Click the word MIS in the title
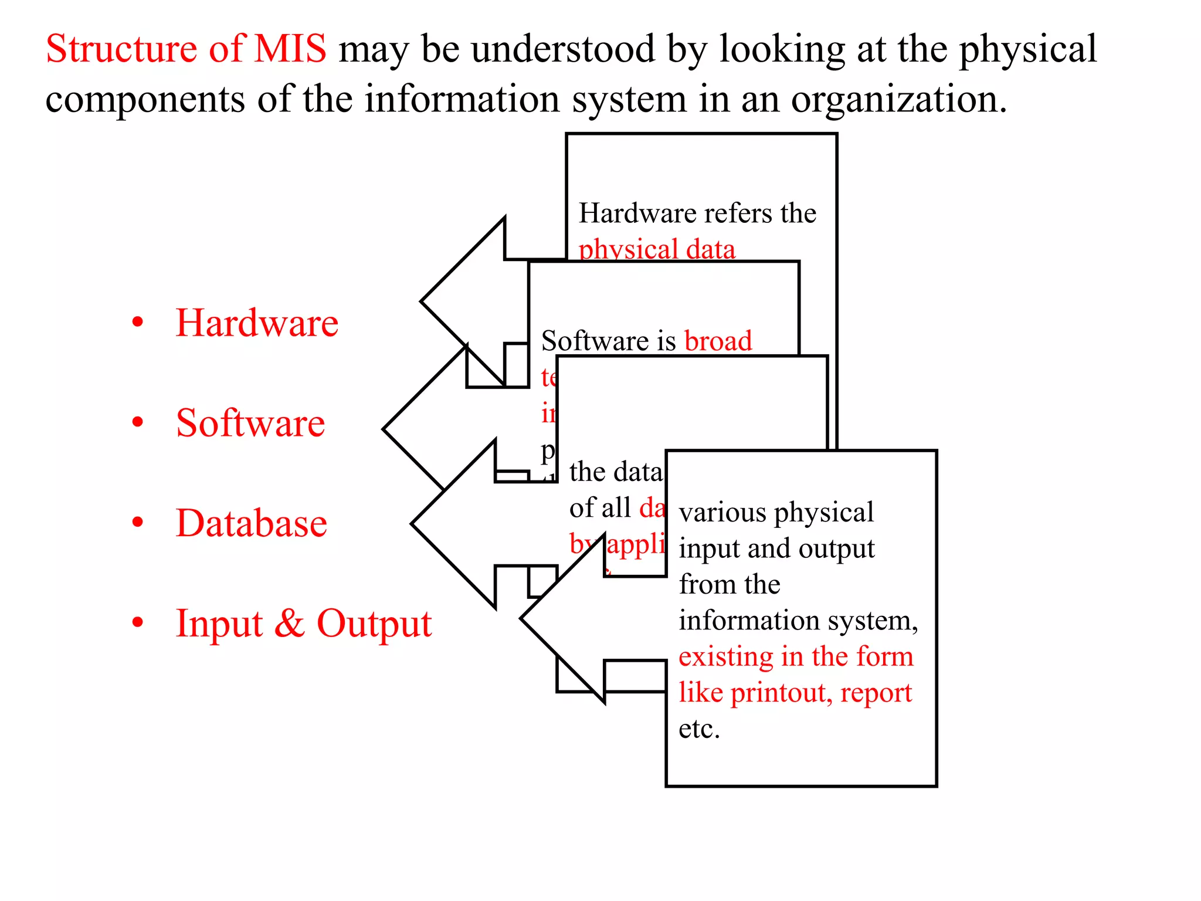(290, 49)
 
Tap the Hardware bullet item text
(257, 323)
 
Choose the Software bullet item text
(250, 424)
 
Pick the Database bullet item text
(252, 523)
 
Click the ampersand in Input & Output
(289, 624)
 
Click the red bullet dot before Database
(138, 522)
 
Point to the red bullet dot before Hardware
(138, 322)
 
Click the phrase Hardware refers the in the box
(697, 213)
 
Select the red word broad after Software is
(718, 341)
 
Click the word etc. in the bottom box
(699, 730)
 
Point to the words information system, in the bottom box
(798, 621)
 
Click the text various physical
(776, 513)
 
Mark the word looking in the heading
(782, 49)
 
